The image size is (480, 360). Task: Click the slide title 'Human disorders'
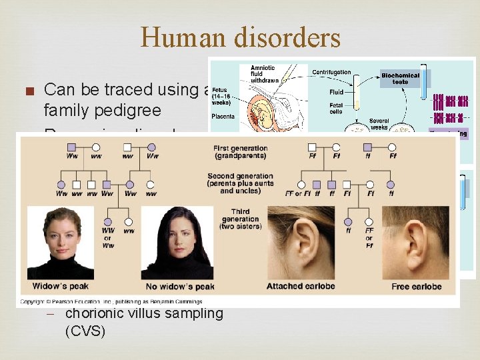coord(240,37)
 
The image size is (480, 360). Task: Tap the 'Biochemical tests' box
coord(400,79)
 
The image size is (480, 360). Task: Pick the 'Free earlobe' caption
coord(417,287)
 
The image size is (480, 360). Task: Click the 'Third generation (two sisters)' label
coord(240,219)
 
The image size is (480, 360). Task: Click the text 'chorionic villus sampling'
coord(144,313)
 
